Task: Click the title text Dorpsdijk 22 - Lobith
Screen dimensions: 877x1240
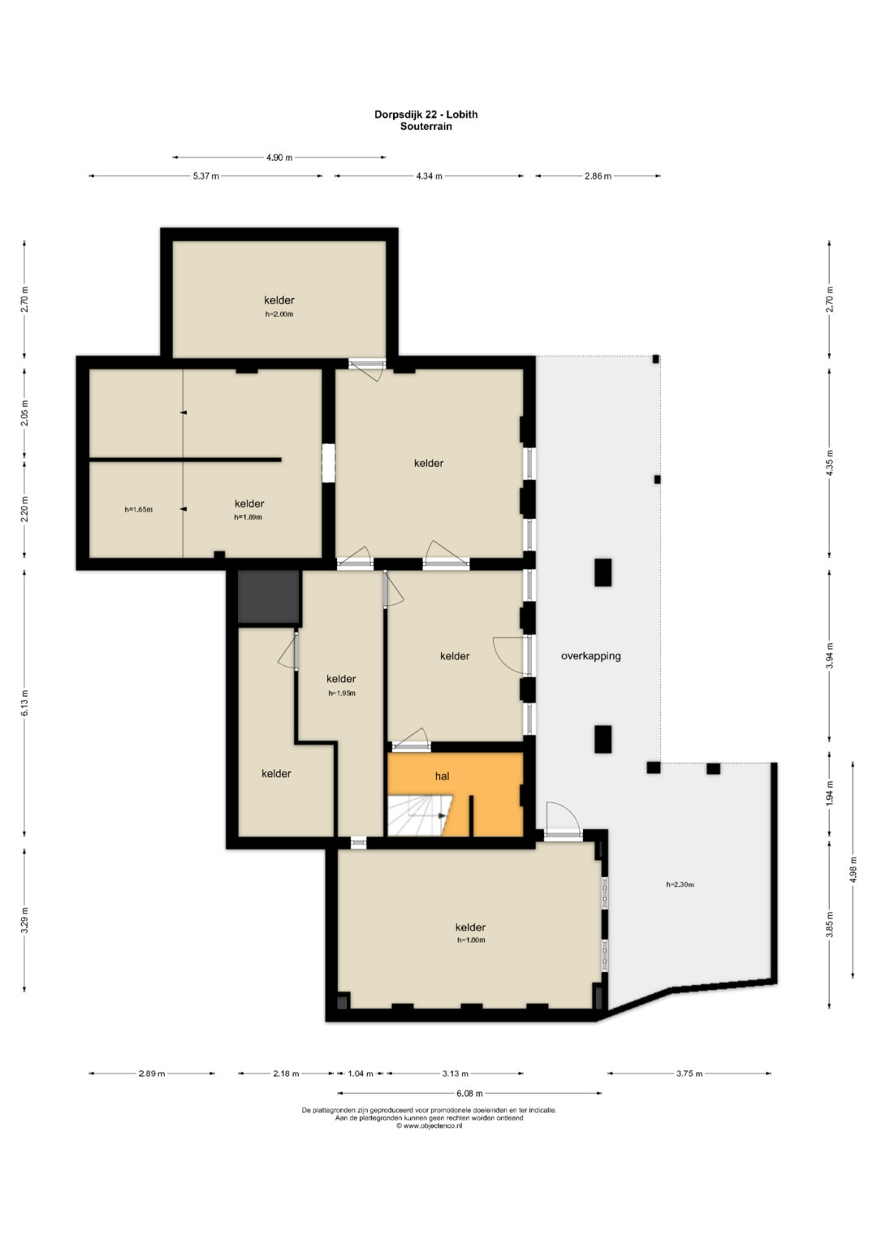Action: click(426, 114)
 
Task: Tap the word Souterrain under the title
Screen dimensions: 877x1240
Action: click(426, 126)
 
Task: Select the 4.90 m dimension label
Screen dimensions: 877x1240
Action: click(279, 158)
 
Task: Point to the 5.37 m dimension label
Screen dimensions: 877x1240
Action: click(206, 176)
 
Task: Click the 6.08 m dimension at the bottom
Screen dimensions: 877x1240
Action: click(469, 1093)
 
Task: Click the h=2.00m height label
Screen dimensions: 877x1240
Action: click(279, 314)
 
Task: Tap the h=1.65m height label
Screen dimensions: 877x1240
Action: click(138, 509)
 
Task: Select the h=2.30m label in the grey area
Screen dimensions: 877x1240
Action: click(680, 884)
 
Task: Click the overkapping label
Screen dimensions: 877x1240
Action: click(591, 656)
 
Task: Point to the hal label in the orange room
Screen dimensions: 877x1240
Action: click(442, 776)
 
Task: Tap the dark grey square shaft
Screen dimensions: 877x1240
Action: click(269, 597)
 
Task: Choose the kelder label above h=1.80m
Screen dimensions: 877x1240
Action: click(470, 927)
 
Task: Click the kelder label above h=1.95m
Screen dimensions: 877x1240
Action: click(341, 679)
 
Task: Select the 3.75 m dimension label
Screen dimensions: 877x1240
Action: click(689, 1074)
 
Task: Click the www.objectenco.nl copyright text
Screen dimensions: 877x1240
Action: click(429, 1126)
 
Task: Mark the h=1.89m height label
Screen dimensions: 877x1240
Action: click(248, 517)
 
